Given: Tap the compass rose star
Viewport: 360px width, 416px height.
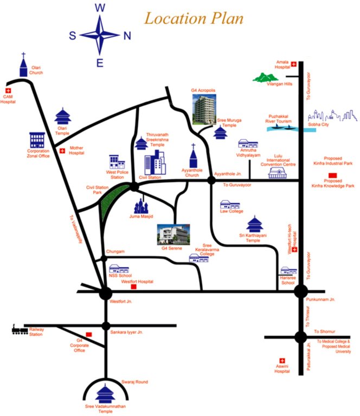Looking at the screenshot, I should click(x=100, y=35).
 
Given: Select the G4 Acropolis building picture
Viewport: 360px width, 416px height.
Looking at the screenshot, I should click(x=205, y=109).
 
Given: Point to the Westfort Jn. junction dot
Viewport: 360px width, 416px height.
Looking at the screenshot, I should click(x=105, y=293).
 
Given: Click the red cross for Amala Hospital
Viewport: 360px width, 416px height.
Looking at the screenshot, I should click(x=294, y=64).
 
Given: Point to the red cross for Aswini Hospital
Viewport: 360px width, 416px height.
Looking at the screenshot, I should click(x=281, y=361).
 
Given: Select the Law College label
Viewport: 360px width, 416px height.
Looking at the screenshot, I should click(x=232, y=211).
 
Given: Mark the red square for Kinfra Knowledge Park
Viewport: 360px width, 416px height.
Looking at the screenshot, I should click(x=332, y=174).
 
